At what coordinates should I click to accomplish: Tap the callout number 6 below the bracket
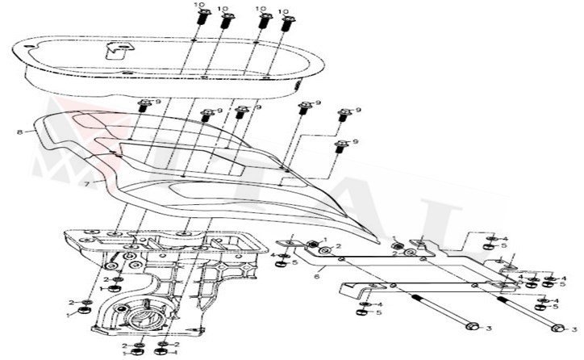316,275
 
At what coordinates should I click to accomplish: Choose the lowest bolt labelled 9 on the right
340,147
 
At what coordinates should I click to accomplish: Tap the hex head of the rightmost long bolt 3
557,329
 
